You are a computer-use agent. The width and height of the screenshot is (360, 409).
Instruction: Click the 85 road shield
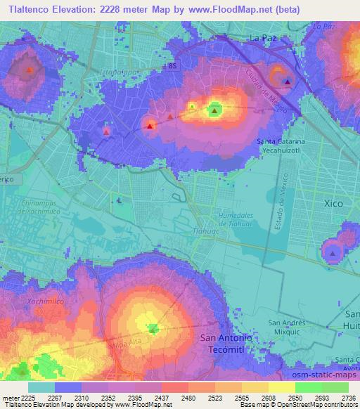173,65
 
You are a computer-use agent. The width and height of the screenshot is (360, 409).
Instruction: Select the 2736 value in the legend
348,399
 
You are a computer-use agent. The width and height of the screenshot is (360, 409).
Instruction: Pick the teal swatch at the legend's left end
42,387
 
